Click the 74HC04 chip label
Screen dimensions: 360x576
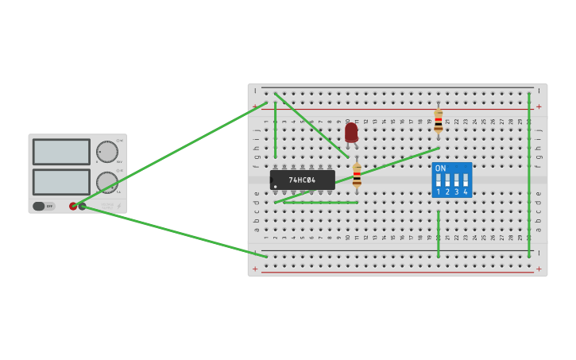[302, 180]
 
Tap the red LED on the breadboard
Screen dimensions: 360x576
[351, 132]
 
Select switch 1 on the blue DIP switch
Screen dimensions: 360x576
[439, 180]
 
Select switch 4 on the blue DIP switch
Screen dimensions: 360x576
[466, 180]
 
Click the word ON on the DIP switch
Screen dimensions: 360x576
[441, 168]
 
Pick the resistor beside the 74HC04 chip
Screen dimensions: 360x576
[357, 176]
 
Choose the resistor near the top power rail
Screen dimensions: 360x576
[438, 122]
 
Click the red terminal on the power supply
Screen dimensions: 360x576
[73, 206]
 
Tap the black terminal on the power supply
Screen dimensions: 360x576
[82, 206]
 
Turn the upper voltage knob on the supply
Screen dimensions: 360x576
[106, 151]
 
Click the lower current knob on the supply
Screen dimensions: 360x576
[106, 182]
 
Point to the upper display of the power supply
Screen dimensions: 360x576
[61, 151]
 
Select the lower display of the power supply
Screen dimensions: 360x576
[61, 181]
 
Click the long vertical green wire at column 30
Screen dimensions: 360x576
[529, 175]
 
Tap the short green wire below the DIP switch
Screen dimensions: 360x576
[438, 234]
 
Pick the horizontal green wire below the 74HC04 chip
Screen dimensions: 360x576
[320, 202]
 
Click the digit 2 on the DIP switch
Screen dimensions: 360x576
[447, 192]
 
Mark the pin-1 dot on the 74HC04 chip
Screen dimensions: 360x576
[276, 187]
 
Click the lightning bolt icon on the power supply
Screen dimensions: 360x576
[119, 206]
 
